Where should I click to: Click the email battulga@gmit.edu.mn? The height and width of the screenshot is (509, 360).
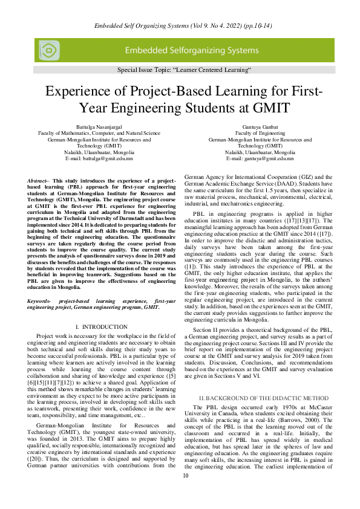99,158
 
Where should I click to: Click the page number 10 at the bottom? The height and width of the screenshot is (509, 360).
186,493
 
